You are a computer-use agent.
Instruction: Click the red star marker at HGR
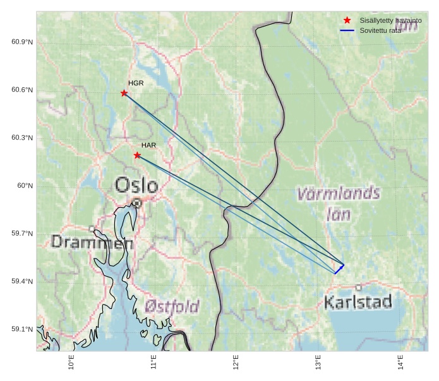124,94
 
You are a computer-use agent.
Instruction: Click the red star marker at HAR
137,155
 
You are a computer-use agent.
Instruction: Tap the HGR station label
136,83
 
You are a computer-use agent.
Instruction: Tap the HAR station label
148,145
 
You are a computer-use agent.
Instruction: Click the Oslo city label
136,185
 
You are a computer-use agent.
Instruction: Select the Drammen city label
92,242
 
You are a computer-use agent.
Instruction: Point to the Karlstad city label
358,302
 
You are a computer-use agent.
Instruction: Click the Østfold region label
171,307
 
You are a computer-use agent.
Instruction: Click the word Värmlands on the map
339,193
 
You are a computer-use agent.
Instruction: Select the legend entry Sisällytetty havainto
390,21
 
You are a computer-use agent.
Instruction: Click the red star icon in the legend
347,21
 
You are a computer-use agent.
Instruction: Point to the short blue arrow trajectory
339,269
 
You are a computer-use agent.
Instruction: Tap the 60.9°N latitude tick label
22,42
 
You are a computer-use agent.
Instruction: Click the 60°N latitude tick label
25,186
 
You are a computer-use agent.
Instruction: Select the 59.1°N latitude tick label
22,330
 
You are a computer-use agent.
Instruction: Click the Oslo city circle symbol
137,203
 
